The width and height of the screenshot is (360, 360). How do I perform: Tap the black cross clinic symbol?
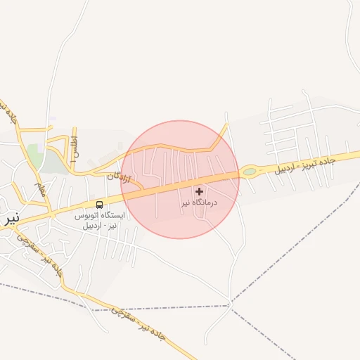[x=199, y=191]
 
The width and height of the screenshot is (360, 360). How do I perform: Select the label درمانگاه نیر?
[x=199, y=202]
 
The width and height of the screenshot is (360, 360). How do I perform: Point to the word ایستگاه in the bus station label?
[x=112, y=215]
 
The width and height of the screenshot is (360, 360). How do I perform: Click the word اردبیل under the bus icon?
[x=91, y=225]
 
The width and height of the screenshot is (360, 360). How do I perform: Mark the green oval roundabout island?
[x=249, y=171]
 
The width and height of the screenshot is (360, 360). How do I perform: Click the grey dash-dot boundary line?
[x=295, y=232]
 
